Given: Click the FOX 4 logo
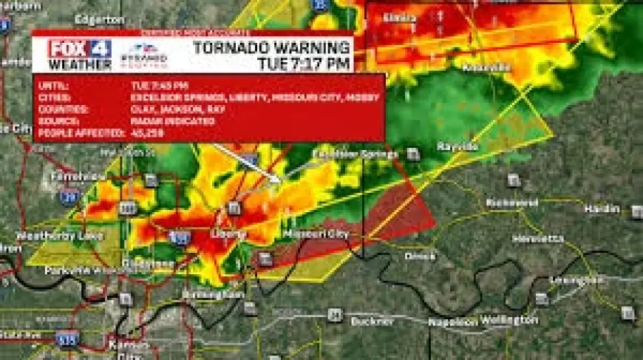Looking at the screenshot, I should (x=80, y=49).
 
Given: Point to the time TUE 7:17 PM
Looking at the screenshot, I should (x=303, y=64).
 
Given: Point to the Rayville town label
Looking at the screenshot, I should (x=458, y=146).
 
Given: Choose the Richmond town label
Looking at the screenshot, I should (x=511, y=203).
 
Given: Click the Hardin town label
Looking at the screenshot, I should (x=602, y=209).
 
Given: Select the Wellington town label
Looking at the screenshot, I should (x=509, y=320).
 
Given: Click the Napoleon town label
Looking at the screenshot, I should (x=453, y=322).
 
